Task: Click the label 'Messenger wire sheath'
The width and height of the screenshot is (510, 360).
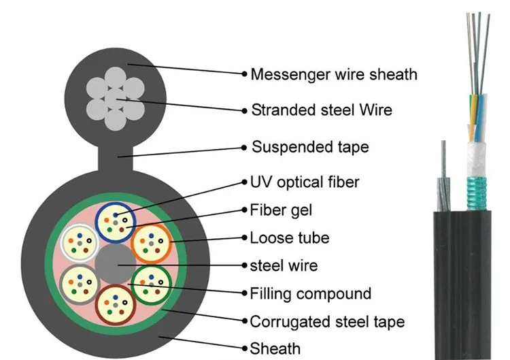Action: tap(334, 73)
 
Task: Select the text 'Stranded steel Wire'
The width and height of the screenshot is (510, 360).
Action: tap(322, 110)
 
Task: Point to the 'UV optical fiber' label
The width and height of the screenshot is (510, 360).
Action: tap(305, 182)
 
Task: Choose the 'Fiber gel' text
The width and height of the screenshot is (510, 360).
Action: tap(282, 210)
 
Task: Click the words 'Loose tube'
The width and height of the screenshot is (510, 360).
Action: tap(290, 238)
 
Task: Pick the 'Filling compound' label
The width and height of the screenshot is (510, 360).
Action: tap(311, 293)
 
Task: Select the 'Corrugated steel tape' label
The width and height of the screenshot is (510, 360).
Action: tap(327, 321)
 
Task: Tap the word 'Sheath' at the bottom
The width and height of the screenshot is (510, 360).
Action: tap(275, 348)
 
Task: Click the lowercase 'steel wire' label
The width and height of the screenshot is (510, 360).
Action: tap(284, 265)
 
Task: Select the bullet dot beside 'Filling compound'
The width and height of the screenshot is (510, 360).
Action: tap(244, 293)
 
